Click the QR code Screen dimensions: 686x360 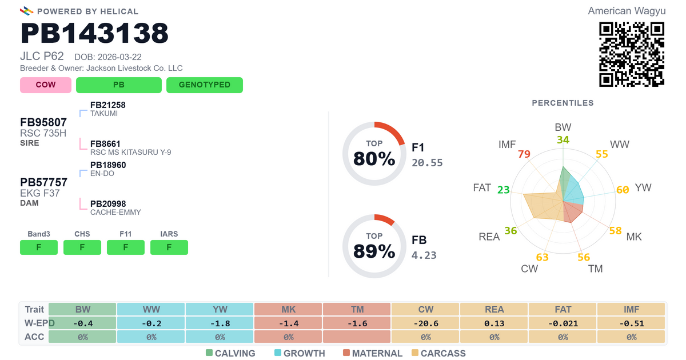[x=632, y=54]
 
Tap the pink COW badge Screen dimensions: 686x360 [x=46, y=85]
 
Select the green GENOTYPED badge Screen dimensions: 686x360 [x=205, y=85]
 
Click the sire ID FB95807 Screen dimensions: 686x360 [x=43, y=122]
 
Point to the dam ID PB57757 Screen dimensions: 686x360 [x=44, y=182]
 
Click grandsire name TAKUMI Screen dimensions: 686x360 [x=104, y=114]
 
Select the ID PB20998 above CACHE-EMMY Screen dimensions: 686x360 [x=108, y=204]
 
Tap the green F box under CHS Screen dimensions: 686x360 [x=82, y=247]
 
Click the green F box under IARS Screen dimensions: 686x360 [x=169, y=247]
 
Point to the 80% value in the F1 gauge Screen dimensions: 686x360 [x=374, y=159]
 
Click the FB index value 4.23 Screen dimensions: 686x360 [x=424, y=255]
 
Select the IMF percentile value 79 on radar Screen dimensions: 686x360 [x=524, y=154]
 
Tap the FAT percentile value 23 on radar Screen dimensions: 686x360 [x=504, y=190]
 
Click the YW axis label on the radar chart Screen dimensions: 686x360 [x=643, y=187]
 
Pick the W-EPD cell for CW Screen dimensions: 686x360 [x=426, y=323]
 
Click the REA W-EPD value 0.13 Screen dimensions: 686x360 [x=494, y=323]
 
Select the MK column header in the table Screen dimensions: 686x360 [x=289, y=309]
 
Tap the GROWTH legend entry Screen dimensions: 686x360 [x=300, y=353]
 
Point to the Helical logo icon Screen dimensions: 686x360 [x=27, y=11]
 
